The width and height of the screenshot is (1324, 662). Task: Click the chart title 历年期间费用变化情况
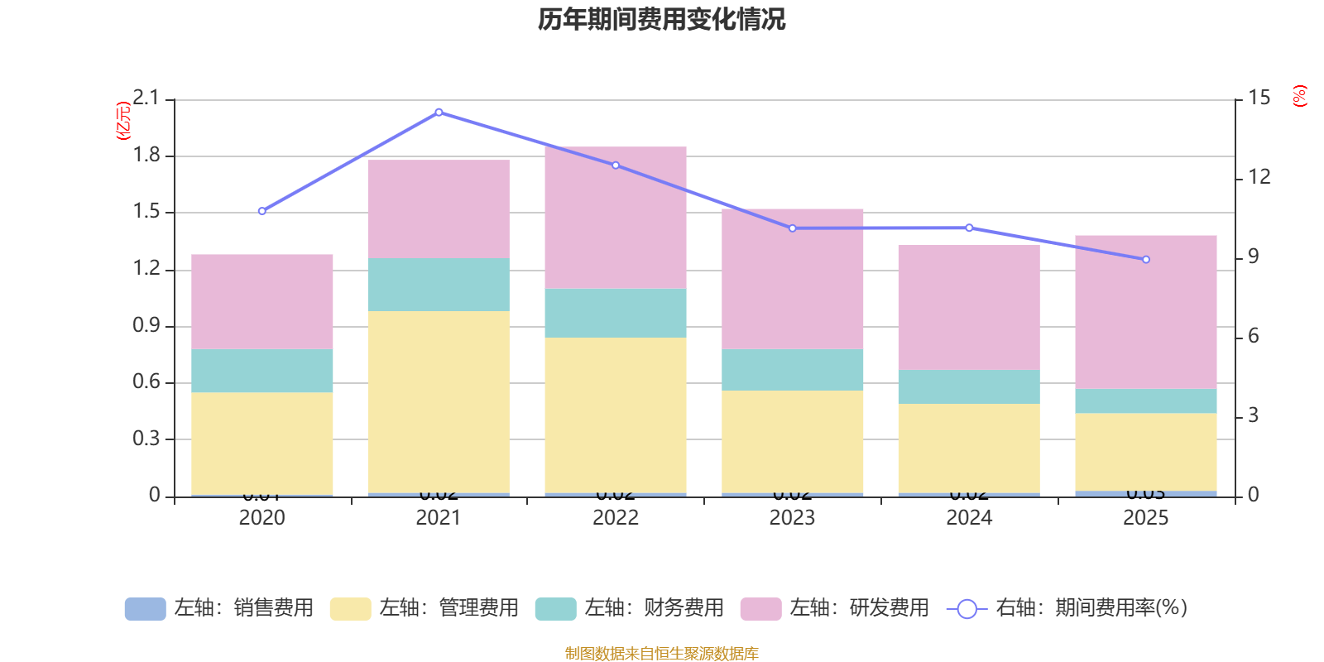(661, 19)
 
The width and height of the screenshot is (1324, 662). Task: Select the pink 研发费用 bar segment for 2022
(616, 218)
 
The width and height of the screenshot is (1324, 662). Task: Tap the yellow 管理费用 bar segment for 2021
(439, 401)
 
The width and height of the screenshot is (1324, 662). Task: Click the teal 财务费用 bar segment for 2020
(262, 370)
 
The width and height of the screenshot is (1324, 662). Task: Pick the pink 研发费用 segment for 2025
(1146, 312)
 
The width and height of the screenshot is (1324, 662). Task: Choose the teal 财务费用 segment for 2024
(969, 386)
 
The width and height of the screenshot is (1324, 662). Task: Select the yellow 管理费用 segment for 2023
(793, 441)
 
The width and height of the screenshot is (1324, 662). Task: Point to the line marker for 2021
(439, 113)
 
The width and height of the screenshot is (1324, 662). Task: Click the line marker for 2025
(1146, 260)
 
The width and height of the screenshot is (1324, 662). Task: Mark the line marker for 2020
(262, 211)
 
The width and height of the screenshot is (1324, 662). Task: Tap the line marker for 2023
(793, 228)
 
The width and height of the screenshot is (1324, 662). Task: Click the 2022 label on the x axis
(616, 518)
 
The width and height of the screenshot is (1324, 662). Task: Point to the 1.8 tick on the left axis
(146, 156)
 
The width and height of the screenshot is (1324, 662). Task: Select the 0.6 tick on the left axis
(146, 382)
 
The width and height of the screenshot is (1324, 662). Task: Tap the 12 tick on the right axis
(1259, 177)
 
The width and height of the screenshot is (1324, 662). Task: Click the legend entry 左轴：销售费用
(219, 608)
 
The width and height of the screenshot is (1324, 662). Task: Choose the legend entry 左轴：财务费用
(630, 608)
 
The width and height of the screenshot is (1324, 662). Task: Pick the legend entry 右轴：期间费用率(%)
(1067, 608)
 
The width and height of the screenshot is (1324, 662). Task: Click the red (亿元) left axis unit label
(123, 121)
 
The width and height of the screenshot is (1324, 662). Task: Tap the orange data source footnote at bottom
(661, 654)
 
